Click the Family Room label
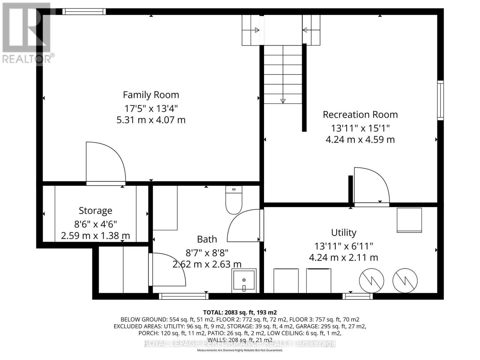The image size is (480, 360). [x=151, y=95]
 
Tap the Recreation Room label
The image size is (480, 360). [x=360, y=115]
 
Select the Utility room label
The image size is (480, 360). [x=343, y=232]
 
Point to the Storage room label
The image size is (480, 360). [x=95, y=211]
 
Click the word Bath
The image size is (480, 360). [x=207, y=239]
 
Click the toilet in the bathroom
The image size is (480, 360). [x=234, y=200]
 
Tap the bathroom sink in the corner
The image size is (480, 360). [x=244, y=281]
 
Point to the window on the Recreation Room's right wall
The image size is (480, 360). [x=440, y=100]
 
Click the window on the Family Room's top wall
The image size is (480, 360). [x=84, y=12]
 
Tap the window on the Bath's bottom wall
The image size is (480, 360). [x=184, y=296]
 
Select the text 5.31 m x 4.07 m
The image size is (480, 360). [x=151, y=120]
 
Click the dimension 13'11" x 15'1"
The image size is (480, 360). [x=360, y=128]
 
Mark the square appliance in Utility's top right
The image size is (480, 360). [x=409, y=220]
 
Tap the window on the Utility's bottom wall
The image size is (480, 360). [x=358, y=296]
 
